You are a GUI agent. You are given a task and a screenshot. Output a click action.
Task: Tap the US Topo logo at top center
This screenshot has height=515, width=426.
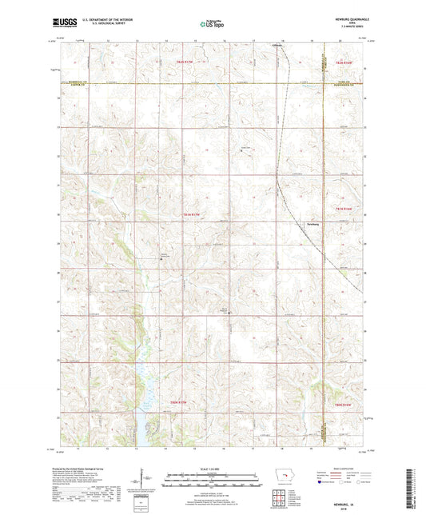(x=212, y=25)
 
